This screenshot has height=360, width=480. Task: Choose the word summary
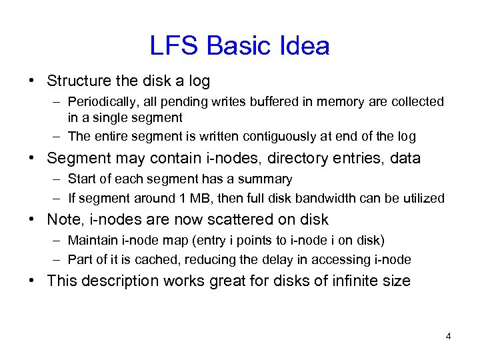coord(265,179)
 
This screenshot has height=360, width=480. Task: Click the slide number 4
coord(448,336)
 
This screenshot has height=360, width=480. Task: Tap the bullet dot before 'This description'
coord(33,281)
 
